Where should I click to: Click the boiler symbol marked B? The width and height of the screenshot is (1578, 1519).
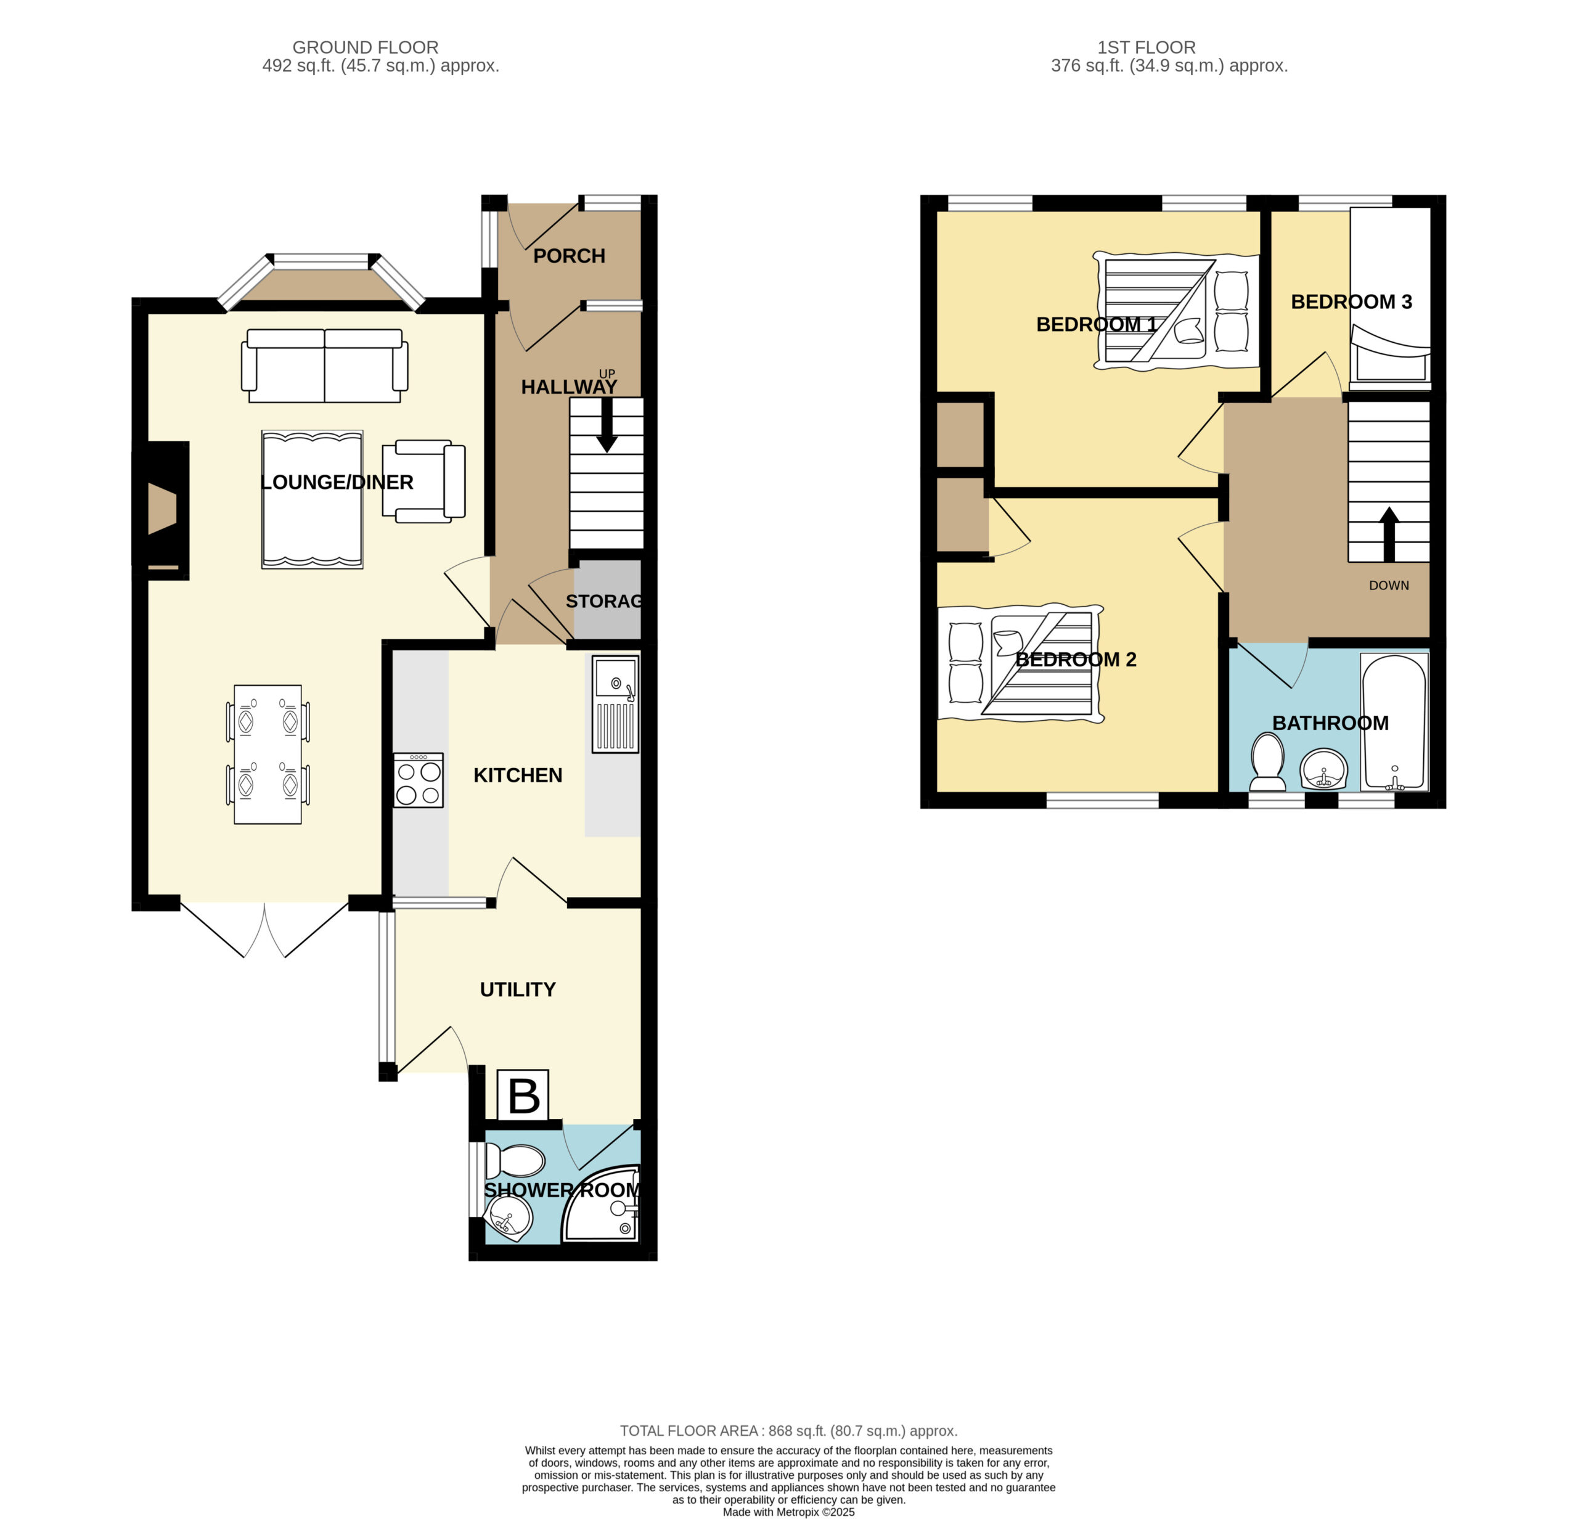[x=523, y=1095]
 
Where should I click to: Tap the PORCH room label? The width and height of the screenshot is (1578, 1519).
[x=569, y=256]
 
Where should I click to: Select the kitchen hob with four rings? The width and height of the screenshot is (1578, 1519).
[x=418, y=780]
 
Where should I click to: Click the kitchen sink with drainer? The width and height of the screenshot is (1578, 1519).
[x=616, y=705]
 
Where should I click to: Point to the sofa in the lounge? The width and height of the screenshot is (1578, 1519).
[x=324, y=366]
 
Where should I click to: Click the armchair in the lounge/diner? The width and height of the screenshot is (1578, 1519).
[x=423, y=481]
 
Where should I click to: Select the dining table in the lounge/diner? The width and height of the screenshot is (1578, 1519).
[x=268, y=755]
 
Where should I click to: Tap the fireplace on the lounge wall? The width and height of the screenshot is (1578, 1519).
[x=162, y=510]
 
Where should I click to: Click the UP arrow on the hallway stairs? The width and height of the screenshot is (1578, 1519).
[x=607, y=424]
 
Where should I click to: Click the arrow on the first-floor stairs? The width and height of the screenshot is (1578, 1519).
[x=1389, y=534]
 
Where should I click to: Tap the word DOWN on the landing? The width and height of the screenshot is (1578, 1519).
[x=1389, y=585]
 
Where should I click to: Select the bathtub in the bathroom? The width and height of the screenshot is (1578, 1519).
[x=1394, y=721]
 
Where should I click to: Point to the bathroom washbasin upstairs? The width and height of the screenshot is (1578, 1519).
[x=1323, y=769]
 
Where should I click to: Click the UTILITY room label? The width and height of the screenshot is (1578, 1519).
[x=518, y=989]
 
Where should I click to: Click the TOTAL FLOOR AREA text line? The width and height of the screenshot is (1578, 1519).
[x=788, y=1430]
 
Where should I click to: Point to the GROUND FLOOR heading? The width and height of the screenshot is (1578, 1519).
[x=366, y=47]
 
